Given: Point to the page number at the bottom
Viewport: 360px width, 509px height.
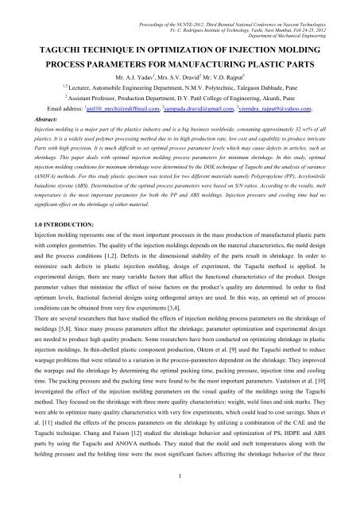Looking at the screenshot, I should tap(180, 497).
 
